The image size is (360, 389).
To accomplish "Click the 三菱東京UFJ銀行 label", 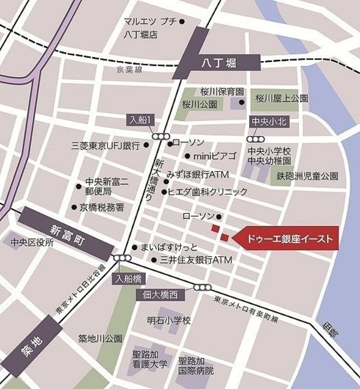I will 105,146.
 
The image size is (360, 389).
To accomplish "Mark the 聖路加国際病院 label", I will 196,365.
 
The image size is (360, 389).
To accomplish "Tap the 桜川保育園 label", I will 222,92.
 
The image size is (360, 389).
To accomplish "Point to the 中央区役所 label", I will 32,243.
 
